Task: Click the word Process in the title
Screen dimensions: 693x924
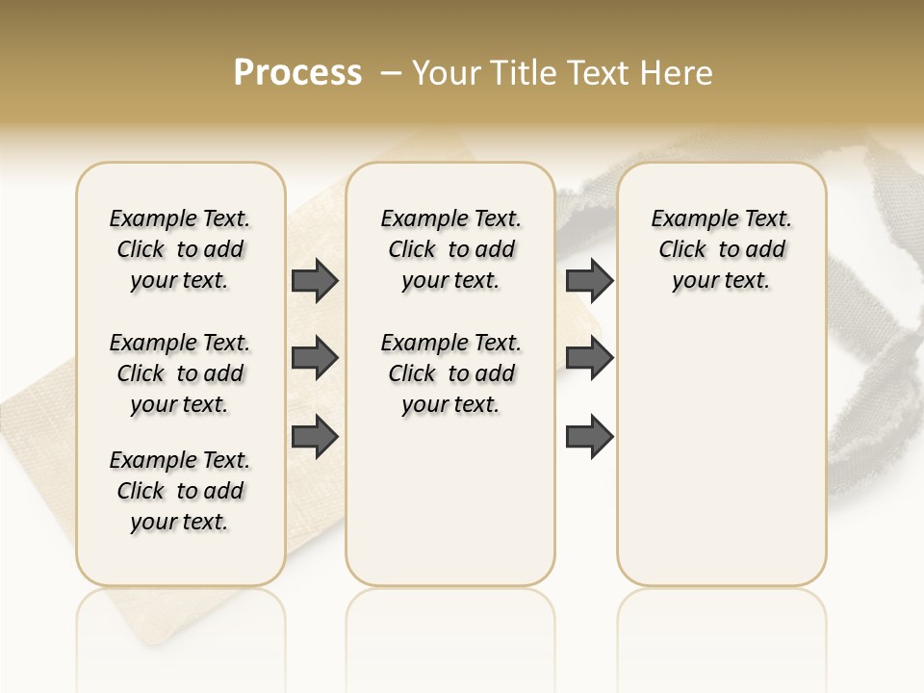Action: (x=297, y=73)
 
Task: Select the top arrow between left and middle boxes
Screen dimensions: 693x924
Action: (x=315, y=281)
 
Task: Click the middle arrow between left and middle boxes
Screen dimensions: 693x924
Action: (x=315, y=359)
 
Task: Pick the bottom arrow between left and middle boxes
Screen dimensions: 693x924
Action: (x=315, y=437)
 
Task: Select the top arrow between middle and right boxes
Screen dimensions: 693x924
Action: (x=589, y=281)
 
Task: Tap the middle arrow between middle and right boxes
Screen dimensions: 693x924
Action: (x=589, y=359)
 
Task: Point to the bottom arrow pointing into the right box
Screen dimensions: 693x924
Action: (x=589, y=437)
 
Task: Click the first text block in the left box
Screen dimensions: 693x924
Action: (x=180, y=249)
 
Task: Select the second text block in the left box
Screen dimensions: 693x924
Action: (x=180, y=373)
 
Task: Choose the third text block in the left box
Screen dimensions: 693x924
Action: (x=180, y=491)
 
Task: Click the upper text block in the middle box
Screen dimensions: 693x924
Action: (x=450, y=249)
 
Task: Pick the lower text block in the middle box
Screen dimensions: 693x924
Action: (x=450, y=373)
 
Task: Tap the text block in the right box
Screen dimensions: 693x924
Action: (x=721, y=249)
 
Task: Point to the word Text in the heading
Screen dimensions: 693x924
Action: (x=599, y=73)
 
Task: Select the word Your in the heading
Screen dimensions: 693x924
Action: (x=449, y=73)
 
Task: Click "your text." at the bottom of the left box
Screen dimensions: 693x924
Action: (x=180, y=522)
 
